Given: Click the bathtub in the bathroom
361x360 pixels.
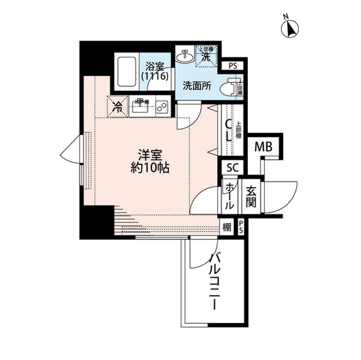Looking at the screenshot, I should [x=126, y=72].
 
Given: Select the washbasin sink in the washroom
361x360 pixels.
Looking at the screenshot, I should [x=184, y=56].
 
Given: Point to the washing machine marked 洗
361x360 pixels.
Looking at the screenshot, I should [x=206, y=55].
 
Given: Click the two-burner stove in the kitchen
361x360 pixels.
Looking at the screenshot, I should [x=162, y=106].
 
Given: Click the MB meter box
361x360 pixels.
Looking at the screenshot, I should [x=263, y=147].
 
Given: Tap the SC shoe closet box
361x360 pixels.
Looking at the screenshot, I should [x=232, y=167].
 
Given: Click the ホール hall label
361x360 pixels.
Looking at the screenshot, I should [x=230, y=195].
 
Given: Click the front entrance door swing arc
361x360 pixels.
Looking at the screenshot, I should [x=282, y=197].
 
